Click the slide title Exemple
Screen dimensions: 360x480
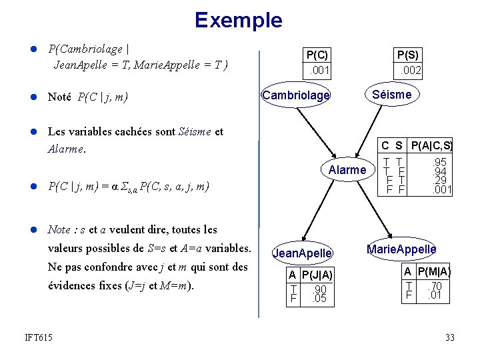[x=239, y=20]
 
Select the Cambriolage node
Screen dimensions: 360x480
[x=296, y=95]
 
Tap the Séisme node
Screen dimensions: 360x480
[x=392, y=94]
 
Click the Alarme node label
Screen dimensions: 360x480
[x=347, y=170]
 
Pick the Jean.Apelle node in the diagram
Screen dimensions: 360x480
[x=303, y=253]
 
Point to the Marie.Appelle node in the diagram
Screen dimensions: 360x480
[x=402, y=249]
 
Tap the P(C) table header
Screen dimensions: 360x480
[x=317, y=55]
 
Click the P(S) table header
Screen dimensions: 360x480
[x=408, y=55]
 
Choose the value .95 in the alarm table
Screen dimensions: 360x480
[x=439, y=162]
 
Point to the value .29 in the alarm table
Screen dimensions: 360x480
[x=439, y=181]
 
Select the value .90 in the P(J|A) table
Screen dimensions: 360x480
[x=320, y=289]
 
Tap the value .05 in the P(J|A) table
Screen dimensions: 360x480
[x=320, y=299]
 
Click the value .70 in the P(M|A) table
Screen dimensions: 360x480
[x=436, y=285]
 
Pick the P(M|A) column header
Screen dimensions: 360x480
[x=435, y=271]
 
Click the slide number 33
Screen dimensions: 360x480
[x=450, y=338]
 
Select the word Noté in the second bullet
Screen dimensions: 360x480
[x=59, y=97]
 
